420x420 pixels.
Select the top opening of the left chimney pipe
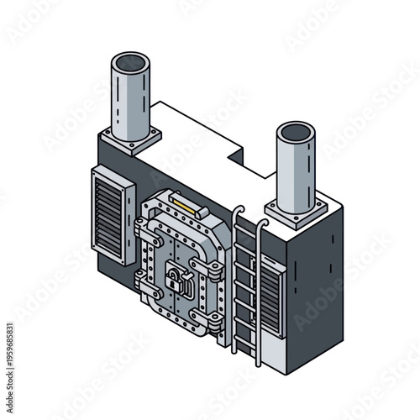130,64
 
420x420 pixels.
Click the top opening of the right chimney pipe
296,134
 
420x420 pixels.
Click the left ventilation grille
111,213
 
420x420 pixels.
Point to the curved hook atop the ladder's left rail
238,210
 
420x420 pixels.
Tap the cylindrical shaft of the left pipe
130,101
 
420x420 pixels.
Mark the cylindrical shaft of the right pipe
296,172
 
